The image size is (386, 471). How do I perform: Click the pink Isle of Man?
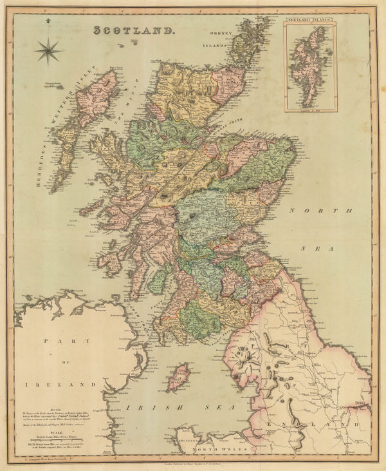pos(179,377)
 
